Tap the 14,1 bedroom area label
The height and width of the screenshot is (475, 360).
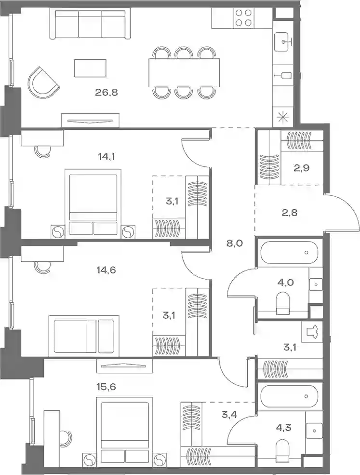pyautogui.click(x=107, y=157)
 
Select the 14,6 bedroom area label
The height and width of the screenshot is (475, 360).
pyautogui.click(x=107, y=269)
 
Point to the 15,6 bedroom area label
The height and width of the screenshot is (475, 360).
pyautogui.click(x=107, y=387)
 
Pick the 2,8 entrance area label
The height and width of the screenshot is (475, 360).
pyautogui.click(x=290, y=213)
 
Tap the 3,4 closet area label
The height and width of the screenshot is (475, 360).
pyautogui.click(x=229, y=414)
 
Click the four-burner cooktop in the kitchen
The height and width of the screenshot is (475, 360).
pyautogui.click(x=244, y=18)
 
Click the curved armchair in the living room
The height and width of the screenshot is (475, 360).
pyautogui.click(x=43, y=82)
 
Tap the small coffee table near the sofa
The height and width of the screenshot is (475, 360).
pyautogui.click(x=90, y=68)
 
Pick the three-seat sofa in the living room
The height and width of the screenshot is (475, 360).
pyautogui.click(x=90, y=24)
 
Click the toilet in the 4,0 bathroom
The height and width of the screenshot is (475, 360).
pyautogui.click(x=283, y=303)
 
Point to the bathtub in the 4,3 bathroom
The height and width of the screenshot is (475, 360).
pyautogui.click(x=288, y=396)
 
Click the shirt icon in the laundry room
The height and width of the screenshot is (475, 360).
pyautogui.click(x=312, y=332)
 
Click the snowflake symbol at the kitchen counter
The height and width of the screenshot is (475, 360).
pyautogui.click(x=283, y=117)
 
